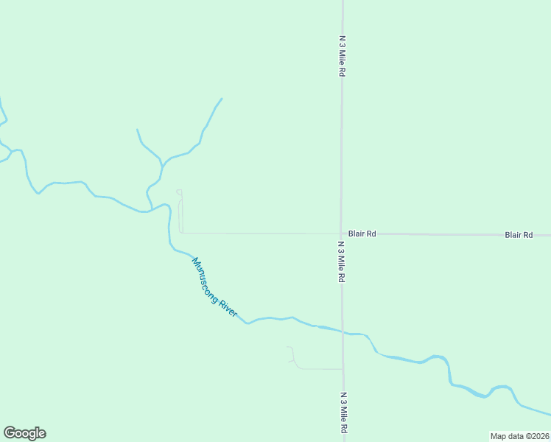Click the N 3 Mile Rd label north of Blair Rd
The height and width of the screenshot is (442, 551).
[x=342, y=55]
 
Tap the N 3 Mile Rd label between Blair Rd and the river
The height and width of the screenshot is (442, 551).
[x=341, y=262]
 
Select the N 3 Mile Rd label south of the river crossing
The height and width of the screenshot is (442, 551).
[x=343, y=413]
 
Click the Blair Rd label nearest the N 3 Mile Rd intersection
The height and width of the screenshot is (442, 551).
[x=362, y=234]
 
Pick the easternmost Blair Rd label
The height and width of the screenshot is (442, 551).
[x=519, y=235]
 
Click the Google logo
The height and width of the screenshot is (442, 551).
[x=24, y=433]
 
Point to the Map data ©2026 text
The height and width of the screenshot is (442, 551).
[x=520, y=436]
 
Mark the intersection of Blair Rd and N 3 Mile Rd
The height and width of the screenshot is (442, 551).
[x=341, y=234]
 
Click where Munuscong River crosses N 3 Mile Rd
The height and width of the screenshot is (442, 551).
[x=343, y=331]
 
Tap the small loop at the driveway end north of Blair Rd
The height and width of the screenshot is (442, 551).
[x=179, y=193]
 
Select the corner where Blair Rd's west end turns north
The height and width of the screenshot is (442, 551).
[x=181, y=232]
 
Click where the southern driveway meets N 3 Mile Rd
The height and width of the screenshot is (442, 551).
[x=343, y=368]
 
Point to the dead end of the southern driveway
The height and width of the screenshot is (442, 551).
[x=288, y=346]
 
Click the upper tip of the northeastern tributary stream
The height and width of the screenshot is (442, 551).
[x=222, y=99]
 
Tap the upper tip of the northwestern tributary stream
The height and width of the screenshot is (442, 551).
[x=137, y=130]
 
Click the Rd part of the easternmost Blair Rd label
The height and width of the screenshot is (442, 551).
[x=527, y=235]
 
